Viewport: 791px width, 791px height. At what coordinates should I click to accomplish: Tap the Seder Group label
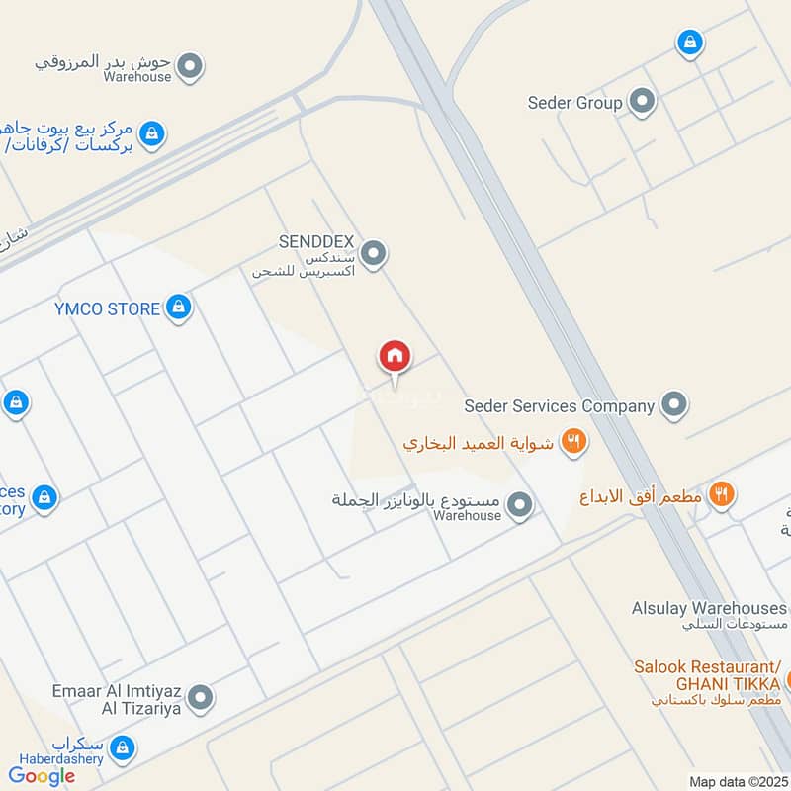pos(574,102)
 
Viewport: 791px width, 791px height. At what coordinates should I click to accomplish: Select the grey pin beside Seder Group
pos(643,102)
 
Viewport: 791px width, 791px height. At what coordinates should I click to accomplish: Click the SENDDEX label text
pos(316,242)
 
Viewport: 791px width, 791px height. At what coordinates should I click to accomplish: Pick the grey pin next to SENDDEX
pos(373,255)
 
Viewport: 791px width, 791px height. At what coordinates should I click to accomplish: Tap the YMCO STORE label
pos(107,308)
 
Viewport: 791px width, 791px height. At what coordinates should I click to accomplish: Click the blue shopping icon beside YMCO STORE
pos(178,308)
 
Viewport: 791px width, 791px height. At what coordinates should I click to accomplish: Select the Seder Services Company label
pos(560,405)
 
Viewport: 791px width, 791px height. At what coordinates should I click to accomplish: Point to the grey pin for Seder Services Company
pos(674,405)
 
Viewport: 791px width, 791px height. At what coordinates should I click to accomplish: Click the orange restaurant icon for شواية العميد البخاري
pos(573,442)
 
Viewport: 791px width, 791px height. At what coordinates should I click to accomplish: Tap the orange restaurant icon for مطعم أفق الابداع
pos(723,494)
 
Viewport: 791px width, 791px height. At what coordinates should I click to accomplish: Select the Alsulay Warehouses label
pos(709,608)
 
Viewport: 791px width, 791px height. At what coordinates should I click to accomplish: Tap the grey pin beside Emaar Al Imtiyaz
pos(201,699)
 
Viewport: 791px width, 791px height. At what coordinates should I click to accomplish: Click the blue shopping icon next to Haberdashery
pos(123,747)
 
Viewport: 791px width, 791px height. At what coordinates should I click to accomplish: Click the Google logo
pos(42,775)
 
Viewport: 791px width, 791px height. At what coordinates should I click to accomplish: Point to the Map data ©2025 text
pos(739,781)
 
